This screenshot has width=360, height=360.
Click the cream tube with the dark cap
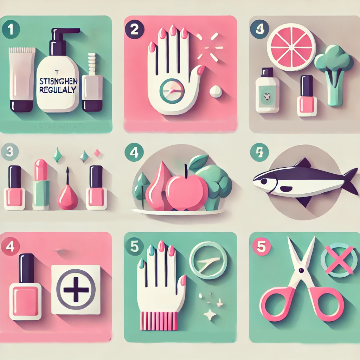coord(22,79)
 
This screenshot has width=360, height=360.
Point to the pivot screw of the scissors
coord(301,270)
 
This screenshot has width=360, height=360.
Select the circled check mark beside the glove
coord(208,260)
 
